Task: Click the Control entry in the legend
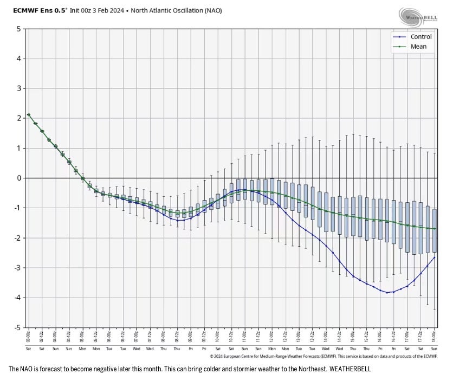pyautogui.click(x=420, y=37)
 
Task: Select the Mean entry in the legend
pyautogui.click(x=418, y=47)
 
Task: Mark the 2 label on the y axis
pyautogui.click(x=18, y=118)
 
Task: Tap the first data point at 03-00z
pyautogui.click(x=29, y=114)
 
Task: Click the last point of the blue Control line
pyautogui.click(x=435, y=257)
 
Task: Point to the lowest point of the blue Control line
pyautogui.click(x=387, y=293)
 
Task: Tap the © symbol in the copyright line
pyautogui.click(x=212, y=356)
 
